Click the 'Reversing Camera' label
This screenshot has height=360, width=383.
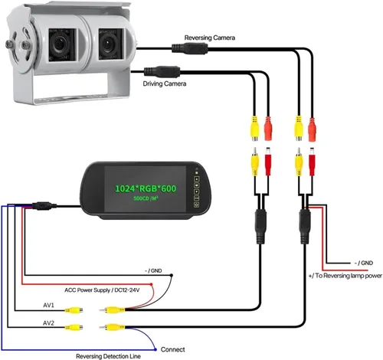pyautogui.click(x=210, y=38)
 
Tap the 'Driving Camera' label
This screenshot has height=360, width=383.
pyautogui.click(x=165, y=83)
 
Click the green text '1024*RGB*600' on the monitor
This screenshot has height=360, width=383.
pyautogui.click(x=146, y=188)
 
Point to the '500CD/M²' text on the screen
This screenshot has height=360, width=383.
pyautogui.click(x=146, y=198)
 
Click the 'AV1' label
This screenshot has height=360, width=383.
pyautogui.click(x=48, y=305)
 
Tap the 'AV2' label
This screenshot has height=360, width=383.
pyautogui.click(x=48, y=323)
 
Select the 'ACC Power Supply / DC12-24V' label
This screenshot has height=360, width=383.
pyautogui.click(x=102, y=290)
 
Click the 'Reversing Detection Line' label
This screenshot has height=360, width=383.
pyautogui.click(x=108, y=356)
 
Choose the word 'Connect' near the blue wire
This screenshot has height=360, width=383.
pyautogui.click(x=173, y=349)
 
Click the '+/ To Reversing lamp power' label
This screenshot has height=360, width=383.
pyautogui.click(x=345, y=276)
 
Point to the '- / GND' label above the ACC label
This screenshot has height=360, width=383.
pyautogui.click(x=153, y=270)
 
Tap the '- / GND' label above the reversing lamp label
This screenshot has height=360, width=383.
pyautogui.click(x=364, y=263)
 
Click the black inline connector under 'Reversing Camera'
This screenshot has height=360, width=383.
pyautogui.click(x=190, y=48)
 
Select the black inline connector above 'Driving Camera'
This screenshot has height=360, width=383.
pyautogui.click(x=162, y=71)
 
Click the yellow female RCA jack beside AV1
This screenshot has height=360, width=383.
pyautogui.click(x=74, y=310)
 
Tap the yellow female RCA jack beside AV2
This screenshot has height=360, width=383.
pyautogui.click(x=74, y=327)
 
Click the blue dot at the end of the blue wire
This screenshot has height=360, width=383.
pyautogui.click(x=155, y=349)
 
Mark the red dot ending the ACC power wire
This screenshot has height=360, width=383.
pyautogui.click(x=152, y=284)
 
